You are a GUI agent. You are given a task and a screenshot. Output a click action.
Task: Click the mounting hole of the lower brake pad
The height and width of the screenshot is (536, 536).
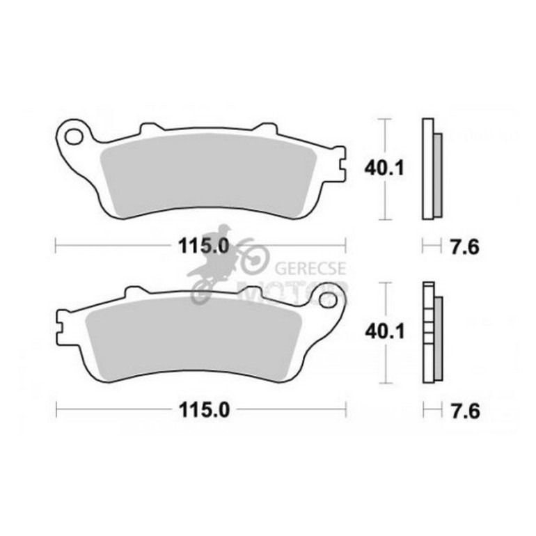tap(328, 300)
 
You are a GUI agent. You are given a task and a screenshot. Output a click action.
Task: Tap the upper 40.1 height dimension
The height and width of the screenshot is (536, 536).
tap(384, 168)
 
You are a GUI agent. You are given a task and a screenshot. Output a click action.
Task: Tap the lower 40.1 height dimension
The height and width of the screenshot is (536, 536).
tap(384, 331)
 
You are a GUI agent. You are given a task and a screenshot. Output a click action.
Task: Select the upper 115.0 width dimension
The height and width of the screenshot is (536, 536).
tap(203, 246)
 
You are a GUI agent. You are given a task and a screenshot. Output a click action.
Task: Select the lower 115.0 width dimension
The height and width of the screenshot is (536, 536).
tap(204, 409)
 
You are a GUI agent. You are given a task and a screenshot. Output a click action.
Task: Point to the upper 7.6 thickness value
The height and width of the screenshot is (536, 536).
tap(465, 246)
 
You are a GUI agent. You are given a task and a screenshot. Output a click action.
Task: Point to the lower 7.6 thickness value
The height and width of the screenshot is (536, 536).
tap(465, 410)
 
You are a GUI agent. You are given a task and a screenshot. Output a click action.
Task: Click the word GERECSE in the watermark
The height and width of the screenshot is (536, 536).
tap(310, 268)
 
